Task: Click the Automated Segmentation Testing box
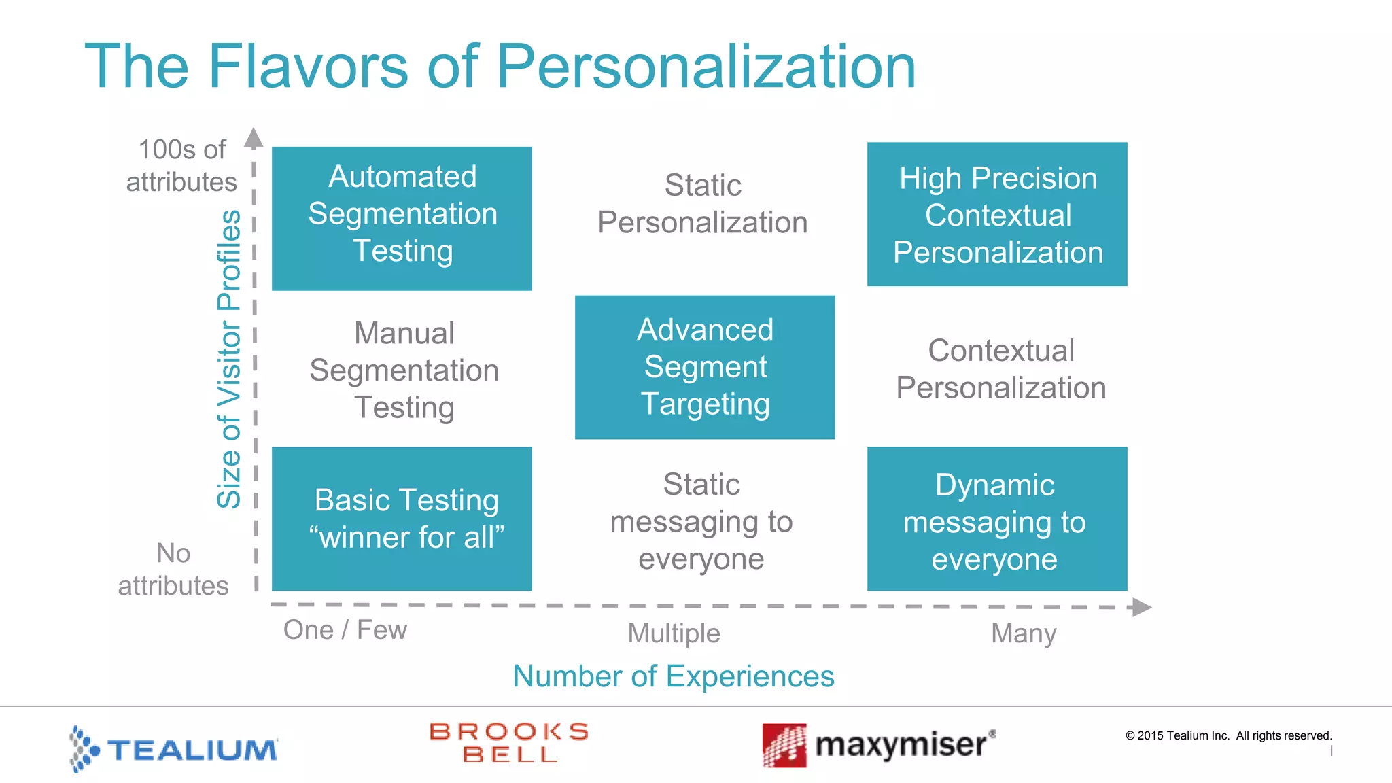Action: coord(402,218)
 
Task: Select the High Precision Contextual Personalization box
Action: coord(997,214)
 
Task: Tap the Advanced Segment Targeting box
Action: coord(705,367)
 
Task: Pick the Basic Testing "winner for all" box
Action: coord(402,519)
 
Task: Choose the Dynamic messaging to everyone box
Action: coord(997,519)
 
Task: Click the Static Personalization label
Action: coord(703,204)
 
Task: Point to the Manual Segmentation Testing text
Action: coord(404,370)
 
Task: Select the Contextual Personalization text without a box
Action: coord(1001,369)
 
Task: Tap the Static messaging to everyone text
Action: coord(701,521)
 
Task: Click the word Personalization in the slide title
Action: coord(706,67)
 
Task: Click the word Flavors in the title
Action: coord(307,67)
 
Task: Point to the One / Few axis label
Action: coord(345,630)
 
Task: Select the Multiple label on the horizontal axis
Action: coord(674,633)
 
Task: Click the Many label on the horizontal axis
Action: coord(1024,633)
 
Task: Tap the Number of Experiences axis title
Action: coord(674,676)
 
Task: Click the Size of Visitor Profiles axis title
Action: coord(229,359)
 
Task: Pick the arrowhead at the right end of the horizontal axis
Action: coord(1142,607)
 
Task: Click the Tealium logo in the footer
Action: coord(174,748)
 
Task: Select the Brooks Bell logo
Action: coord(509,742)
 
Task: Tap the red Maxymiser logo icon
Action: coord(784,746)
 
